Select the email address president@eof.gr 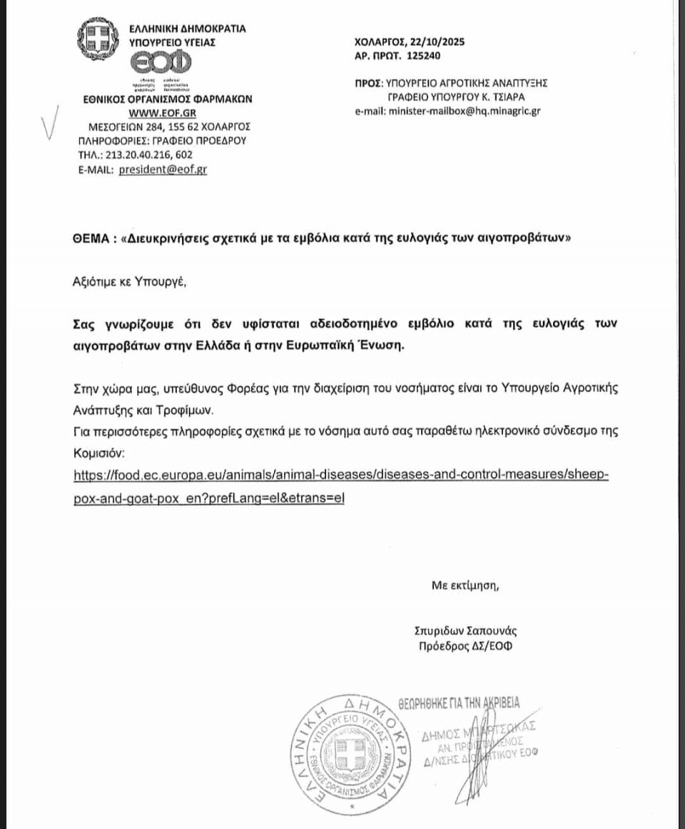pos(163,169)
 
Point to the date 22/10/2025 pos(437,41)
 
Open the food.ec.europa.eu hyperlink pos(341,476)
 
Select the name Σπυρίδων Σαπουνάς pos(465,631)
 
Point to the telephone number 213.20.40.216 pos(149,154)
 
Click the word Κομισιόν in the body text pos(101,453)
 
